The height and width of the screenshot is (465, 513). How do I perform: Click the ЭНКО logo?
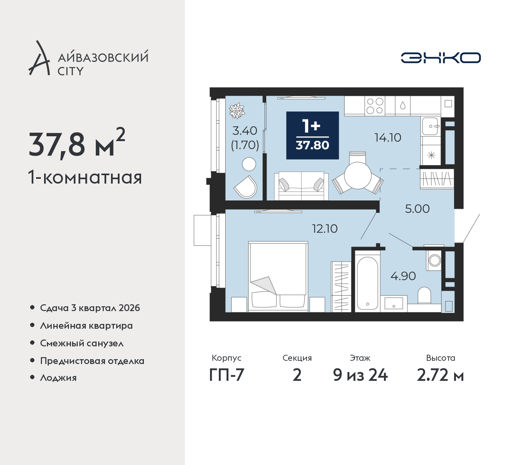pos(440,58)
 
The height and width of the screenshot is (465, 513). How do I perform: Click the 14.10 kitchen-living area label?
pos(388,137)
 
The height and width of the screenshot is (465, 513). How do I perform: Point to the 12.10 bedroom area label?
pos(325,228)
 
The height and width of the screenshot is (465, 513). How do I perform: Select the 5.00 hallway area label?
pos(417,209)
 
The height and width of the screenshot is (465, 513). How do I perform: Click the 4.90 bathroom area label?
pos(403,276)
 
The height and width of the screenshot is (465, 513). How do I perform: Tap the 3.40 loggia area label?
pos(245,131)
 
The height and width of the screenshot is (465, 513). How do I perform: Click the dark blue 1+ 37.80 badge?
pos(313,135)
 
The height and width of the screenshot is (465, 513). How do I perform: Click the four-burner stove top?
pos(375,106)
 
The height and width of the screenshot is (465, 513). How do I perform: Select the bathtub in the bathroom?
pos(367,283)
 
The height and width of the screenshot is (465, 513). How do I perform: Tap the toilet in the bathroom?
pos(424,295)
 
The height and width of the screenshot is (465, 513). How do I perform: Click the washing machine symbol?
pos(434,261)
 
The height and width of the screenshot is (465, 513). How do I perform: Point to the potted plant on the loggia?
pos(237,111)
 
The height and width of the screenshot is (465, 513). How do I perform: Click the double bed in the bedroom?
pos(278,276)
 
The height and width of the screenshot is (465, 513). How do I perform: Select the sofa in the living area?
pos(301,186)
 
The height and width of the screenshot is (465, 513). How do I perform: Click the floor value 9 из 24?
pos(360,376)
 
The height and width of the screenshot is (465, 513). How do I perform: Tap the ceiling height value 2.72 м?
pos(440,376)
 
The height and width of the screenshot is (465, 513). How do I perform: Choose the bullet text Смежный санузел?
pos(82,343)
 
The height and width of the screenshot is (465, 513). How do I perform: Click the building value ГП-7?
pos(226,376)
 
